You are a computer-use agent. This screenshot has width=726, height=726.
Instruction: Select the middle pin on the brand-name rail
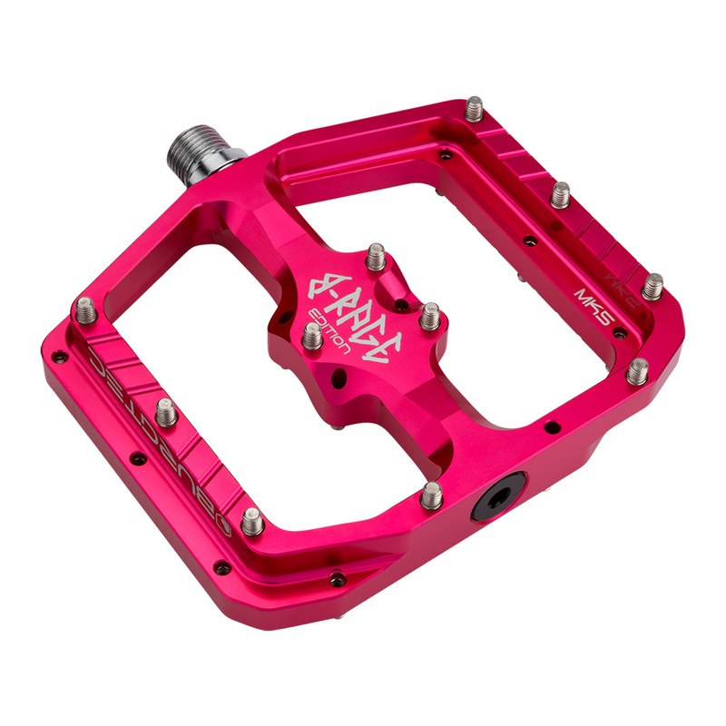pos(165,413)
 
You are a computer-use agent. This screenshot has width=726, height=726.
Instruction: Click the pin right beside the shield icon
pos(253,520)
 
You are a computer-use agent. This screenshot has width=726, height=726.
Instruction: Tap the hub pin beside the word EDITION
pos(311,337)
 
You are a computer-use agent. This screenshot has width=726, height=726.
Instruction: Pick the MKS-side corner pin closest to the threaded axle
pos(475,110)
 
